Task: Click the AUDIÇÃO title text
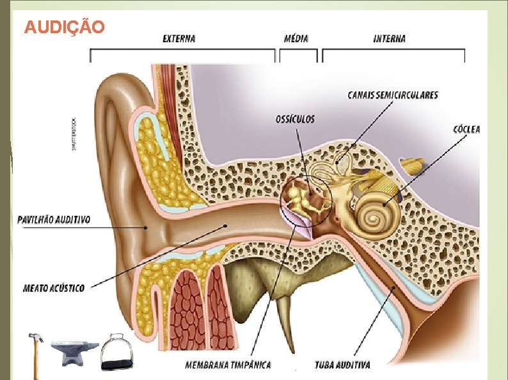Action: [x=63, y=27]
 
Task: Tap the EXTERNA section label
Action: [x=179, y=38]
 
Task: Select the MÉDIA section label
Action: [x=296, y=38]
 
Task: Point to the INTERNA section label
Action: [x=389, y=38]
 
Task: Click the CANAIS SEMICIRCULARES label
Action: [x=393, y=95]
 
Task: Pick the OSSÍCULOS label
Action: [x=295, y=119]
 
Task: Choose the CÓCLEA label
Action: [x=466, y=129]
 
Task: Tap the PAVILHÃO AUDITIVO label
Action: [x=54, y=220]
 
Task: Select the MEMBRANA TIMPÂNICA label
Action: [x=228, y=365]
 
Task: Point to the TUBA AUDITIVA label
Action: [x=342, y=365]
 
